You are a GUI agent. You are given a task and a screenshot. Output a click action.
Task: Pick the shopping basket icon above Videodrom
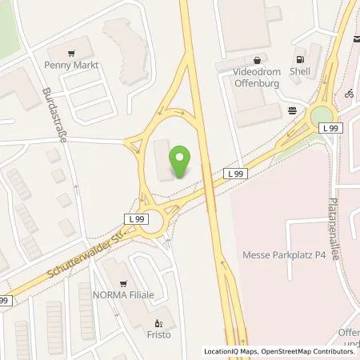(257, 59)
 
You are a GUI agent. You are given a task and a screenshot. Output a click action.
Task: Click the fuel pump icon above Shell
(300, 58)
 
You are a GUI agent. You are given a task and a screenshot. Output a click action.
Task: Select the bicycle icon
(349, 93)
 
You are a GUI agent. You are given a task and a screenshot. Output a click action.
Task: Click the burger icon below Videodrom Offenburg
(293, 110)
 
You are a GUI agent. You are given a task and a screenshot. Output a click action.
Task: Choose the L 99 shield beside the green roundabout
(328, 127)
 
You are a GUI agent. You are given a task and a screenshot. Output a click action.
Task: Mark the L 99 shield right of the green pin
(234, 173)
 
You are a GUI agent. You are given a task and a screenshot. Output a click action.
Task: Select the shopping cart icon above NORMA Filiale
(124, 282)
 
